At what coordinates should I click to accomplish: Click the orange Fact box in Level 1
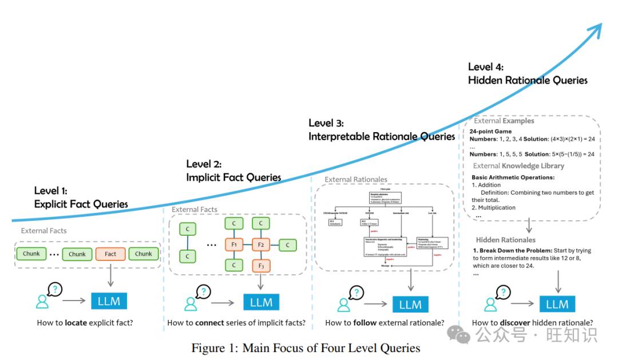tap(110, 254)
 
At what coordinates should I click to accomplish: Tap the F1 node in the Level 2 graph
tap(233, 245)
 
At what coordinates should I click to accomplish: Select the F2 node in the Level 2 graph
tap(261, 245)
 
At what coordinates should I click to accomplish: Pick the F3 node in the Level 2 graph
tap(261, 266)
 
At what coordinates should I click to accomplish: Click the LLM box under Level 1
tap(109, 301)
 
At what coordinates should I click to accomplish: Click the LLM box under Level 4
tap(557, 304)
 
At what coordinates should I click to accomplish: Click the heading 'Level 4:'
tap(486, 68)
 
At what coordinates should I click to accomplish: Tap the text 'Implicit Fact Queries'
tap(233, 177)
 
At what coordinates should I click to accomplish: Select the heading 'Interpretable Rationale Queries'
tap(382, 136)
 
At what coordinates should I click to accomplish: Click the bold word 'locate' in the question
tap(76, 323)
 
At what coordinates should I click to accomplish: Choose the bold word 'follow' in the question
tap(365, 323)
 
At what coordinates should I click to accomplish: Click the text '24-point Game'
tap(490, 131)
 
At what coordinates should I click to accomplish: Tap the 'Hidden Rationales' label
tap(506, 240)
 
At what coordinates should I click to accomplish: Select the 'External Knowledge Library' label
tap(518, 166)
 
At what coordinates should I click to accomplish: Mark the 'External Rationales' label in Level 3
tap(356, 180)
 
